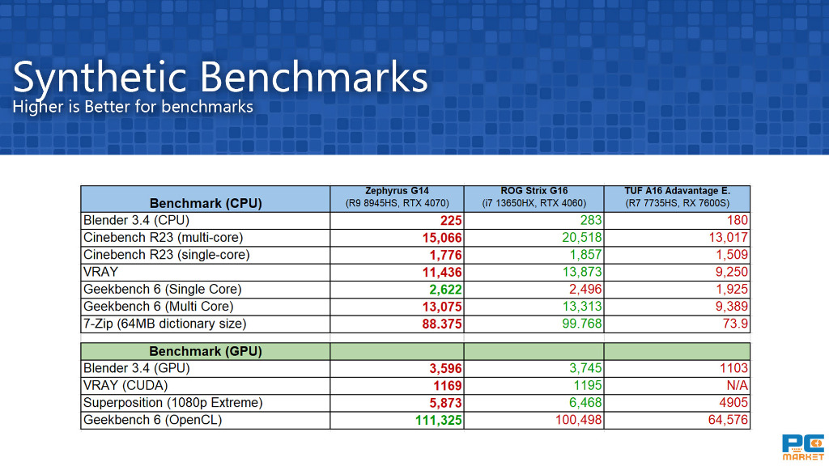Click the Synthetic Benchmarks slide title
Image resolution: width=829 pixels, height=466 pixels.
click(x=220, y=78)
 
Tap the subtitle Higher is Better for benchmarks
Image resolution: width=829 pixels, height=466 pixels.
click(x=133, y=107)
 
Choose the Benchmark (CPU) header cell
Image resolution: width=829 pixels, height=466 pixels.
click(x=206, y=203)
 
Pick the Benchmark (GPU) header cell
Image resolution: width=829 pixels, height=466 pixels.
click(x=206, y=351)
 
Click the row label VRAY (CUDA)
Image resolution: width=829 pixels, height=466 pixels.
click(x=125, y=386)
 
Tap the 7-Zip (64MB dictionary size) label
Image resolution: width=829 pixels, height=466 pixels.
click(x=165, y=324)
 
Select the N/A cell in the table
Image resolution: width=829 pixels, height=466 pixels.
click(x=737, y=386)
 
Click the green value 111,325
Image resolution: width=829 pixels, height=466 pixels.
click(x=438, y=421)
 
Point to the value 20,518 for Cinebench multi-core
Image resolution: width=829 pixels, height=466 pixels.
click(x=581, y=238)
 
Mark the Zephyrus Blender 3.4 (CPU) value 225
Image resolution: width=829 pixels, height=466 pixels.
click(x=451, y=220)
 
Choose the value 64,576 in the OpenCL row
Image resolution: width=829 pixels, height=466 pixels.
click(x=728, y=421)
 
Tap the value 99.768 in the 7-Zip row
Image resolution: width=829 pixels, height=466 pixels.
click(x=581, y=324)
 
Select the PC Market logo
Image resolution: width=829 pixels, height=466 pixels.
click(x=802, y=447)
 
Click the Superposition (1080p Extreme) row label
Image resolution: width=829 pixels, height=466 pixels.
click(x=173, y=403)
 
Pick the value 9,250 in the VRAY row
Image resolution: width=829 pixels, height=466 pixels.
click(x=732, y=272)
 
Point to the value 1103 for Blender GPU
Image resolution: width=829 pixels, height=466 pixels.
click(x=733, y=368)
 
